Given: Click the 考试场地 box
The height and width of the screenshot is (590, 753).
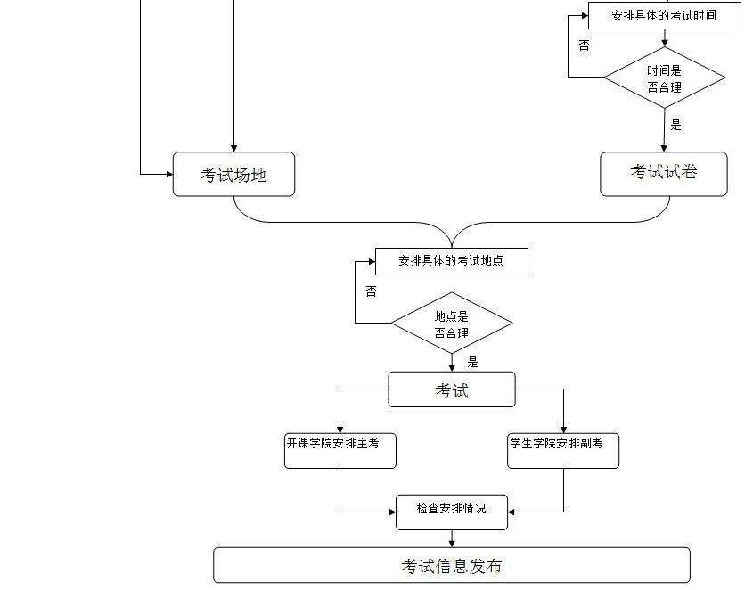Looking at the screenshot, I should [x=233, y=175].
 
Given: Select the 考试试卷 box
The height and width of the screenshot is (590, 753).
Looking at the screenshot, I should [x=664, y=173].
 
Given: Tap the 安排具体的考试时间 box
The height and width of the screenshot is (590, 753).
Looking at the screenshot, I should [x=664, y=15].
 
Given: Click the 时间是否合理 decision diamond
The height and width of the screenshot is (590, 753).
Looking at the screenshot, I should [x=664, y=78].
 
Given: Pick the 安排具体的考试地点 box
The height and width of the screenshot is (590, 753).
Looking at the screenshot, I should [x=451, y=261].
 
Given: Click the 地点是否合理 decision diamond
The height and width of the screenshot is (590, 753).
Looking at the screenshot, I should [x=452, y=324].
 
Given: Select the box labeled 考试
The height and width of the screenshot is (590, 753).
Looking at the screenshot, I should [x=452, y=390].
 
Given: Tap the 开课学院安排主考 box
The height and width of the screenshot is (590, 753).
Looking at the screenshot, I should [x=340, y=450].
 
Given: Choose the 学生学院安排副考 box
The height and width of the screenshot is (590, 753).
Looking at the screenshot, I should [x=563, y=450].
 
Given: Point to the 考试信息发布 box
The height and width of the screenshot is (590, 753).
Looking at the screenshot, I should [x=452, y=565].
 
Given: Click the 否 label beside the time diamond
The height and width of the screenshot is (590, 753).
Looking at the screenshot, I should [x=584, y=45].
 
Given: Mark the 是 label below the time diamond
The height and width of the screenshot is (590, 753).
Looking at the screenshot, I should [x=676, y=125].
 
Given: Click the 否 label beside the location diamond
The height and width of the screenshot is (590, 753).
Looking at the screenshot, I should [x=371, y=291].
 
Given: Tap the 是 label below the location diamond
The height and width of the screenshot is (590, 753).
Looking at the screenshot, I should [x=472, y=362].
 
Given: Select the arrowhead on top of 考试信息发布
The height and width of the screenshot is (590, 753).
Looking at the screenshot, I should [x=452, y=543].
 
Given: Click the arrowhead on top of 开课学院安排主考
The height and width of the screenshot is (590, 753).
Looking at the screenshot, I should [x=340, y=429].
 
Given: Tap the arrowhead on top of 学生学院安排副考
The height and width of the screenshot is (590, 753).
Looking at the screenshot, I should [x=563, y=429].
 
